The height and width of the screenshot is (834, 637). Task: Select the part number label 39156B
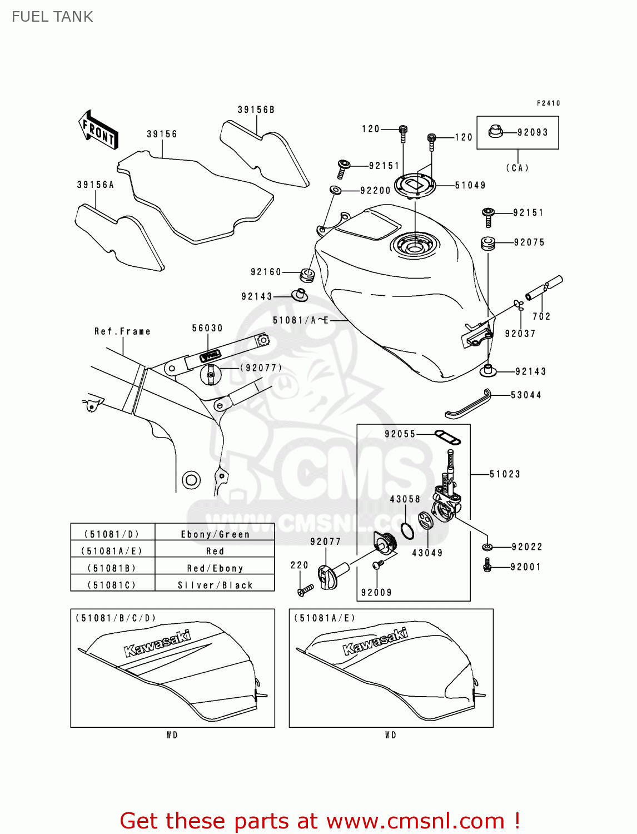256,110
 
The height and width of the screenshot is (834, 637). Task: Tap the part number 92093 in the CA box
533,132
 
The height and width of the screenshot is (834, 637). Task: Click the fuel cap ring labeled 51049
415,184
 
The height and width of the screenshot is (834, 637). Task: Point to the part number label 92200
376,191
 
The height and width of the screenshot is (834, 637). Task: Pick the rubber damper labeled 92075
488,243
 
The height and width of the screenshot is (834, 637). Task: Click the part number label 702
541,316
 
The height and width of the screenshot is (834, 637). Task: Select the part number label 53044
526,395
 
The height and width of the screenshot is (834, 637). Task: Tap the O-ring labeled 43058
407,532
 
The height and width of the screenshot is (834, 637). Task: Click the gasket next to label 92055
447,438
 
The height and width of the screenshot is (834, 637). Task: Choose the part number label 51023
505,474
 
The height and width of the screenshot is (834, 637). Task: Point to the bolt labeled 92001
487,567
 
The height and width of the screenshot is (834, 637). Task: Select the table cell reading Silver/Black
215,585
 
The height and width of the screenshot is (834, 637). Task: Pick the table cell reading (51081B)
112,568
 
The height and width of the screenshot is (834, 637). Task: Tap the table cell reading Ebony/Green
215,534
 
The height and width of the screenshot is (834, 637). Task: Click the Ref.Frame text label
122,331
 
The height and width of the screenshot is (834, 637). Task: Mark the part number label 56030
207,328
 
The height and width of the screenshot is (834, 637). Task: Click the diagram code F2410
548,103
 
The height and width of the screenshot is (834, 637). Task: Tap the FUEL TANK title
52,17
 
